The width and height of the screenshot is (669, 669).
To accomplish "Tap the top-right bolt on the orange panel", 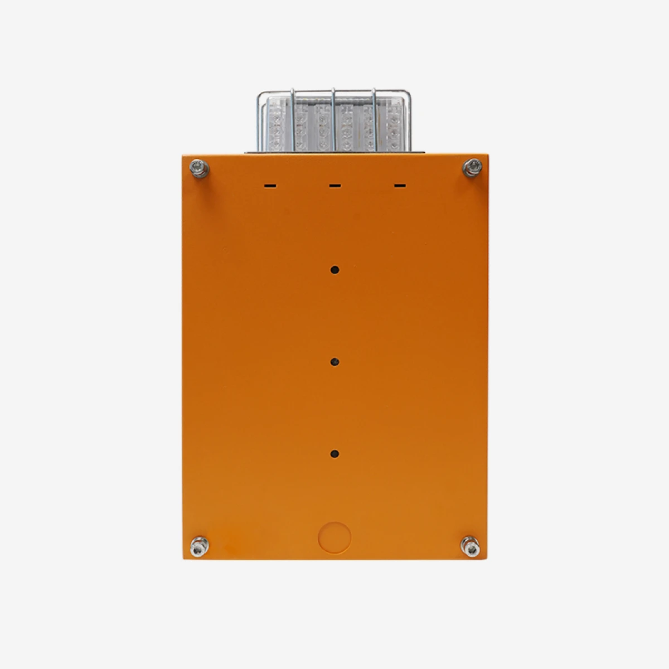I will pyautogui.click(x=472, y=166).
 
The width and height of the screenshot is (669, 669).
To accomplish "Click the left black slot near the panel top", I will pyautogui.click(x=270, y=185).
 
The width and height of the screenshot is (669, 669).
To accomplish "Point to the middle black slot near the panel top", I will pyautogui.click(x=334, y=185).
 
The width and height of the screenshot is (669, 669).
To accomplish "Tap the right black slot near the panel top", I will pyautogui.click(x=399, y=185).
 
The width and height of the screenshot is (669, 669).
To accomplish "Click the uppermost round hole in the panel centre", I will pyautogui.click(x=334, y=270).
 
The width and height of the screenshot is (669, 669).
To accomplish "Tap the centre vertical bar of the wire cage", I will pyautogui.click(x=333, y=120).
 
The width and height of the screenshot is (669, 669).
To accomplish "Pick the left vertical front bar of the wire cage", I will pyautogui.click(x=294, y=120).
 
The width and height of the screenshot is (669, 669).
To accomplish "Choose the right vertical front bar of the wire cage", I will pyautogui.click(x=374, y=120).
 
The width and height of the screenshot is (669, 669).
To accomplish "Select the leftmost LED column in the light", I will pyautogui.click(x=275, y=125).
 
